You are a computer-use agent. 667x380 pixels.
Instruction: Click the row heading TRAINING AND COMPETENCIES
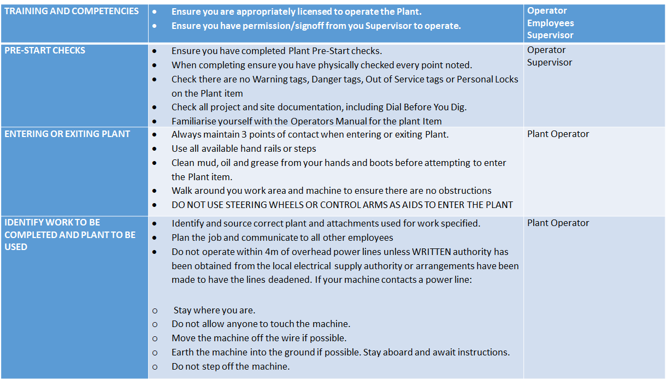(72, 11)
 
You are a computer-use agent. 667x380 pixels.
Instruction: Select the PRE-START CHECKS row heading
(45, 50)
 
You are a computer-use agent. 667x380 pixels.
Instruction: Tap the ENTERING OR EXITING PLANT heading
(67, 134)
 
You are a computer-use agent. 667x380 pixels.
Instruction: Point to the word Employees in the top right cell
(550, 23)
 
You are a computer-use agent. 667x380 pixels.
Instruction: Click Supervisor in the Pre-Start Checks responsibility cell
(550, 62)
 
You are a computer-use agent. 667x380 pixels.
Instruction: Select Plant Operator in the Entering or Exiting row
(558, 134)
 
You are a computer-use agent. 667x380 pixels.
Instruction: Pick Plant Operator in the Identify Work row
(558, 223)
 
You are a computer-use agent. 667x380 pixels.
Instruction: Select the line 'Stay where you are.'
(214, 310)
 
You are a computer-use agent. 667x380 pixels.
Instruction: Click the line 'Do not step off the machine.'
(231, 366)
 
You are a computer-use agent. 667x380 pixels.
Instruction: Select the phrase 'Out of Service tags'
(403, 79)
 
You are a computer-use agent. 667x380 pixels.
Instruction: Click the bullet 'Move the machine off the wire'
(259, 338)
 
